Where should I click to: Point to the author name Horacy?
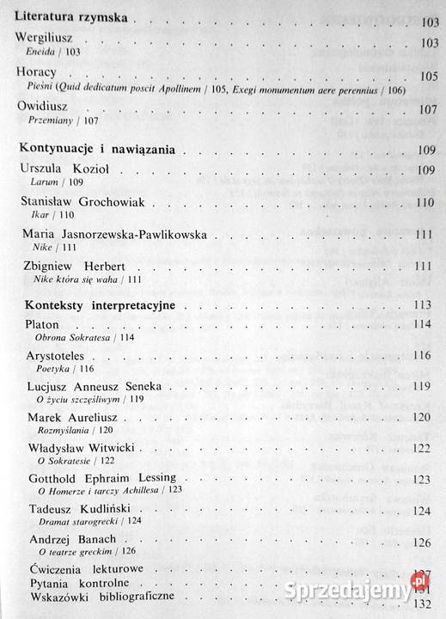coord(36,73)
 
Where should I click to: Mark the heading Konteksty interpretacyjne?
coord(100,304)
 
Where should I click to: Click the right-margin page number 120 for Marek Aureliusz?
coord(420,418)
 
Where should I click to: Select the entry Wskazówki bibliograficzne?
coord(102,595)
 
